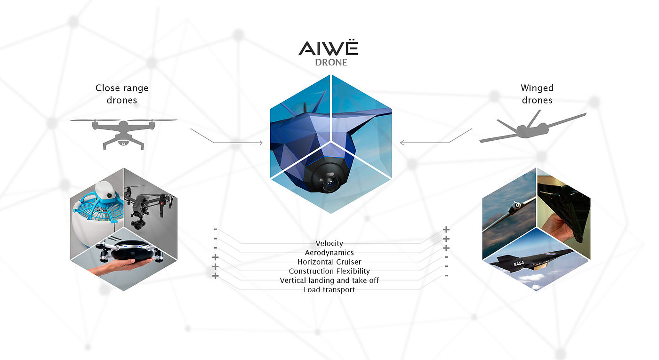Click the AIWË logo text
(x=328, y=48)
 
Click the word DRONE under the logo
(x=330, y=63)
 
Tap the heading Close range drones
(x=121, y=94)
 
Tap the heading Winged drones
(x=537, y=94)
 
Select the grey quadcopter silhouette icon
(x=123, y=132)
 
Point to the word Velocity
(x=329, y=243)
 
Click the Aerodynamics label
(x=329, y=253)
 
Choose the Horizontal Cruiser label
(x=329, y=262)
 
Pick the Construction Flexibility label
(x=329, y=271)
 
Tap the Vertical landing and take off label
(x=329, y=280)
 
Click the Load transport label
(x=329, y=289)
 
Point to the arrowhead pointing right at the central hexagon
(x=261, y=142)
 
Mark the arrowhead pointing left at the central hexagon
(x=402, y=142)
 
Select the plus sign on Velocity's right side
(x=446, y=230)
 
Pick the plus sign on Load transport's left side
(x=216, y=276)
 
